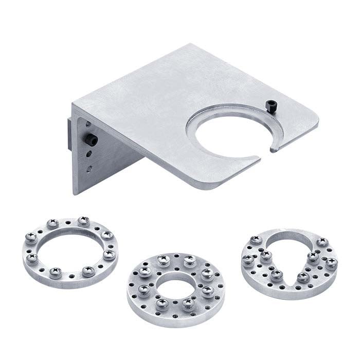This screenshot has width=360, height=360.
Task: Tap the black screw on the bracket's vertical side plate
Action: tap(92, 140)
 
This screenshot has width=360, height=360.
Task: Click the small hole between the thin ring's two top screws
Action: tap(67, 222)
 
